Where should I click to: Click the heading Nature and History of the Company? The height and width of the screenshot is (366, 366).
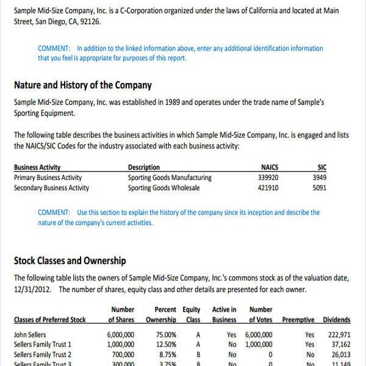click(x=83, y=85)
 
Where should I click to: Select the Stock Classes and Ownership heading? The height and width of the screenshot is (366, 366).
click(x=70, y=261)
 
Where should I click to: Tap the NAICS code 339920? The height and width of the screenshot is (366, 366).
click(x=268, y=178)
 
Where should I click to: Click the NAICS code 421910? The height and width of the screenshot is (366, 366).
click(x=268, y=188)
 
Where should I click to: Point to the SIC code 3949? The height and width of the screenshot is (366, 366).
click(x=319, y=178)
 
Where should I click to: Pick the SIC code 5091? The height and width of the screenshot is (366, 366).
click(x=319, y=188)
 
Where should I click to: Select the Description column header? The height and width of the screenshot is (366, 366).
click(x=144, y=167)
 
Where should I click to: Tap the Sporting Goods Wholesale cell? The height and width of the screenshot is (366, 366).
click(x=163, y=188)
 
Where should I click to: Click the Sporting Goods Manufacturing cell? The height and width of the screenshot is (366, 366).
click(x=170, y=178)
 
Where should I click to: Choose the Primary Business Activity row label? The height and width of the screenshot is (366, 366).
click(x=48, y=178)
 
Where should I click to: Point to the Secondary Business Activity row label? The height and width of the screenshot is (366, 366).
click(x=51, y=188)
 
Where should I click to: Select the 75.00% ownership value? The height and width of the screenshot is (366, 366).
click(x=167, y=335)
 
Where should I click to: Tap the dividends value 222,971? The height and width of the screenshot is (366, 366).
click(x=339, y=335)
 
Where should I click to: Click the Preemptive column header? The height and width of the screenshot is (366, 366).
click(x=298, y=320)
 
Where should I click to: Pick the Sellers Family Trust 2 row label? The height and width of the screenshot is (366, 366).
click(x=43, y=354)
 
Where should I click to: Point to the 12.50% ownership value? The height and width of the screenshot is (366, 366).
click(x=167, y=345)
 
